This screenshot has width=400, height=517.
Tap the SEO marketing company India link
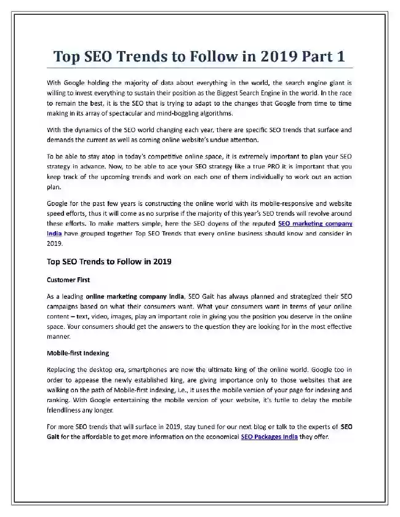[315, 224]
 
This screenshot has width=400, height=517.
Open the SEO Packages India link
[270, 436]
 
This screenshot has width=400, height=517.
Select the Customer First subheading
[68, 280]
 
